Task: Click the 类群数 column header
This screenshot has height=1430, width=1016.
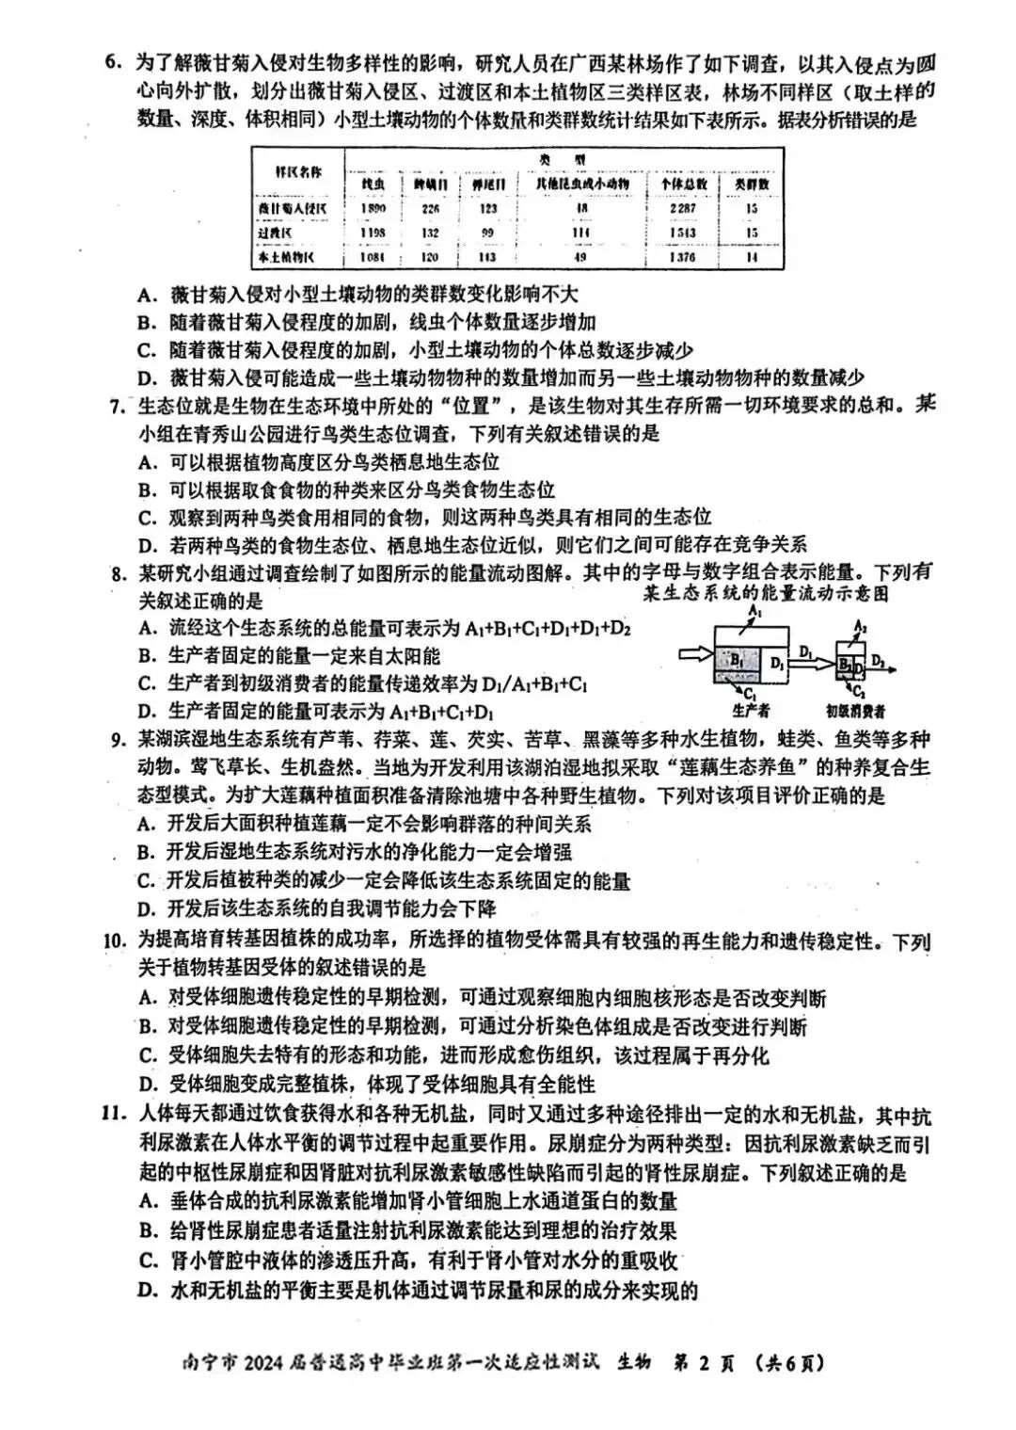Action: [752, 185]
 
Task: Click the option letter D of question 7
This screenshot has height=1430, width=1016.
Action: [146, 544]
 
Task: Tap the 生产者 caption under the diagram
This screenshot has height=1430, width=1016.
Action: [751, 713]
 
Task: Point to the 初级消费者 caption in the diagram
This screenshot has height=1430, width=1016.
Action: [855, 713]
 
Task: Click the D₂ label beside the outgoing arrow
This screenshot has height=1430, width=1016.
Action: [879, 660]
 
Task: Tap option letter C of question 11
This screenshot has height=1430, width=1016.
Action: [146, 1261]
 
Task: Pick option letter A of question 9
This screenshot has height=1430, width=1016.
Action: [145, 824]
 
